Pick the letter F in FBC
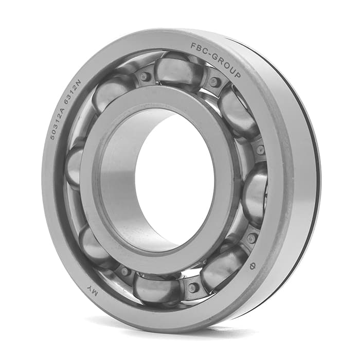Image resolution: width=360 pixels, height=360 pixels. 193,46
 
